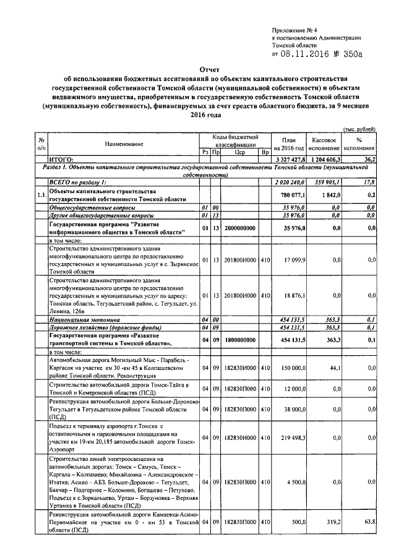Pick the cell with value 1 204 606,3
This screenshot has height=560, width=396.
coord(325,159)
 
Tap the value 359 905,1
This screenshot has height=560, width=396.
coord(328,181)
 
